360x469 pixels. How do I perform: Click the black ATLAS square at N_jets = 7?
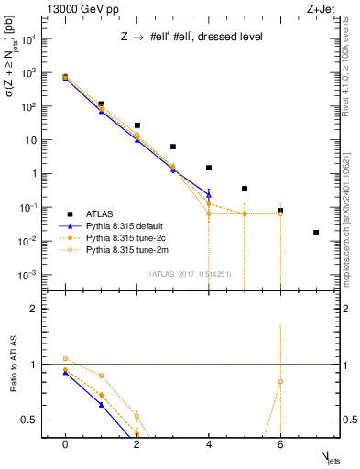(316, 233)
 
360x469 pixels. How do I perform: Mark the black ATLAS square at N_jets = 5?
(245, 189)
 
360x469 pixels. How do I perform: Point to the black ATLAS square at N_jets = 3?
(173, 147)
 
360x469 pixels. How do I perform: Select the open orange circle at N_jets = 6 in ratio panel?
(280, 381)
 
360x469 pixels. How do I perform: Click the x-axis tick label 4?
(209, 443)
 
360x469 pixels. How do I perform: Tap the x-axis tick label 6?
(280, 443)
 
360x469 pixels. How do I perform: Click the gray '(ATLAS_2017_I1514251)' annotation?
(190, 273)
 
